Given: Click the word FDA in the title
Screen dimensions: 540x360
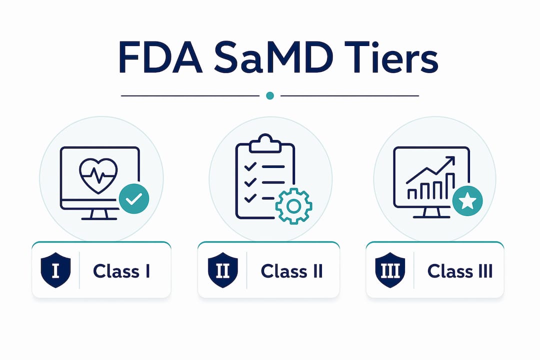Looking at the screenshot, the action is (160, 57).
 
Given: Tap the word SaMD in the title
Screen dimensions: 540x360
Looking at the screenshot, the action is (273, 57).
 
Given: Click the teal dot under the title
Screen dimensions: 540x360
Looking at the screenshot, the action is (270, 95).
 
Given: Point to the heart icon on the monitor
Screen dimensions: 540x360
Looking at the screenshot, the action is (98, 175).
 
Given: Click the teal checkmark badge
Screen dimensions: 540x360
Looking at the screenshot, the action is (134, 199).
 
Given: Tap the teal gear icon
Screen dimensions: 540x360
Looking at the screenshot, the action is (294, 206).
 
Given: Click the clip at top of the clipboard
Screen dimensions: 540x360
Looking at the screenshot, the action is (265, 143).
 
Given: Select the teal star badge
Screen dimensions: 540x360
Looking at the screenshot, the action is (467, 201).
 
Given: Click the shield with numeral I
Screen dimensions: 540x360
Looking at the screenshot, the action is (55, 270).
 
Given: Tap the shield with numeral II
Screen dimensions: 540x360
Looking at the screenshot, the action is (223, 270).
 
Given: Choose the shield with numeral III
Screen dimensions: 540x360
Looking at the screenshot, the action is (390, 270).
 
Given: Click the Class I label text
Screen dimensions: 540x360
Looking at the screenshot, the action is (121, 271).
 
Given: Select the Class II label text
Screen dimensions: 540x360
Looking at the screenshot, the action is (291, 271).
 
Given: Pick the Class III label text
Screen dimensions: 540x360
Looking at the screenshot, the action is (460, 271).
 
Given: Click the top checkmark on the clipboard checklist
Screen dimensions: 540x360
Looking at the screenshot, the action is (250, 166).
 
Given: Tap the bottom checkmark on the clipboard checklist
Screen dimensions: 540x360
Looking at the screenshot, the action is (250, 198).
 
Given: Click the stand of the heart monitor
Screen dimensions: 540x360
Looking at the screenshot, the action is (99, 214).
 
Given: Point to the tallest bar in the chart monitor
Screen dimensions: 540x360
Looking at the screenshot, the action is (450, 186).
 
